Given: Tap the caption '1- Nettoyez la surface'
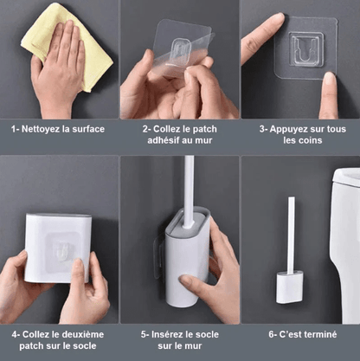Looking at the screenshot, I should pos(58,129).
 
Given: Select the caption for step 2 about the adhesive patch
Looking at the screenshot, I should pos(179,136).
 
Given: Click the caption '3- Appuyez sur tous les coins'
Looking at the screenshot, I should pos(300,136).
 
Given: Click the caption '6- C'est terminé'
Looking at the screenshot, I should pos(300,332).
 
